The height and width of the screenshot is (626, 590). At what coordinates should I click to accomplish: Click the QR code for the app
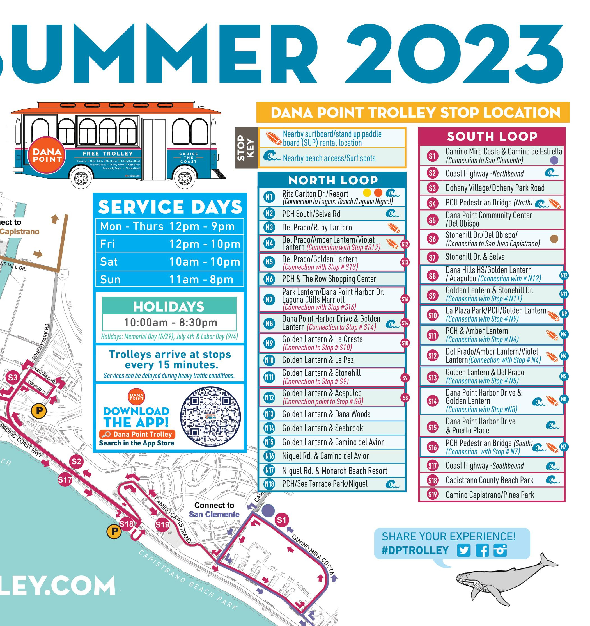coord(210,416)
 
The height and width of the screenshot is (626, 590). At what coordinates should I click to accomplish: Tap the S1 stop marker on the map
coord(281,520)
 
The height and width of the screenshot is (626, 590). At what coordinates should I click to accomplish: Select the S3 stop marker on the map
coord(13,377)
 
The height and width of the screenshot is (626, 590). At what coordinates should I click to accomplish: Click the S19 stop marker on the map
coord(162,525)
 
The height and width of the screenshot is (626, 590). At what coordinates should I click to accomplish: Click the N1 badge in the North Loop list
coord(269,197)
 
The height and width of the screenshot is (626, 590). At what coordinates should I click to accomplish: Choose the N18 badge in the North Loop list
coord(269,484)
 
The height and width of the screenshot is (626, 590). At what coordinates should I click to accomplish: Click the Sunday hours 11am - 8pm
coord(201,280)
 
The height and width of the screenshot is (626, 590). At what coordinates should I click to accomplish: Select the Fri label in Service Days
coord(108,244)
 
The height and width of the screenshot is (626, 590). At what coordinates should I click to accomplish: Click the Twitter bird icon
coord(463,550)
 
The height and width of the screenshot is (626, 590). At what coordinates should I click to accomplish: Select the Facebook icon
coord(482,550)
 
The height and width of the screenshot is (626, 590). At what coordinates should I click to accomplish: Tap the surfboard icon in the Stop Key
coord(273,138)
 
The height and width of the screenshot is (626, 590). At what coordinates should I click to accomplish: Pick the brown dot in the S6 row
coord(554,239)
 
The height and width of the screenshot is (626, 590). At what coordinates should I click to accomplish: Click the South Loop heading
coord(492,136)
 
